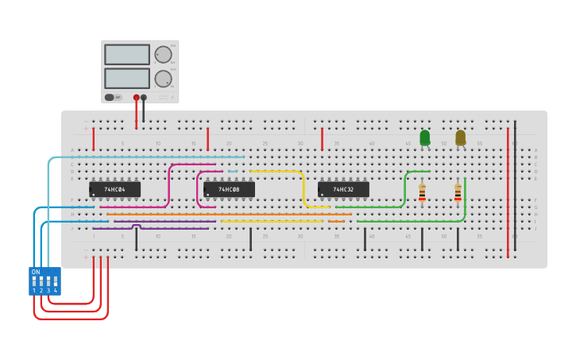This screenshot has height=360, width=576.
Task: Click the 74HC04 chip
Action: click(115, 189)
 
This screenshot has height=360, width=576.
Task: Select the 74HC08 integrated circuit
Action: click(230, 189)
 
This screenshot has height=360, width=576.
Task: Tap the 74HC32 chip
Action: click(343, 189)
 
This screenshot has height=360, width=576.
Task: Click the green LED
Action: click(424, 137)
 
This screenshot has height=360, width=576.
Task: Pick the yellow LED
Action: click(460, 137)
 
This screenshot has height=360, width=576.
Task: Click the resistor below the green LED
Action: click(422, 192)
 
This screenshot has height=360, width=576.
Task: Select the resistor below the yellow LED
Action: click(458, 192)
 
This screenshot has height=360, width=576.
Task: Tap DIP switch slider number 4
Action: click(55, 281)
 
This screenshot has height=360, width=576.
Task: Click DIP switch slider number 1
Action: click(34, 281)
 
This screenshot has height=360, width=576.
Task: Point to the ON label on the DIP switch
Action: click(35, 272)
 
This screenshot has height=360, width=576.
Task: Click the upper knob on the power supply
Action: click(162, 55)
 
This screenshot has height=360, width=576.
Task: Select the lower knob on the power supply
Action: click(162, 78)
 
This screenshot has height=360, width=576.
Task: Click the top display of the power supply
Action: click(127, 54)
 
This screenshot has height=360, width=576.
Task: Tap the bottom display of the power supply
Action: click(127, 78)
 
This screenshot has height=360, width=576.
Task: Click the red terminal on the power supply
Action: click(137, 97)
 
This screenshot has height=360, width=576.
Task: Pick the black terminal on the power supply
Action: click(144, 97)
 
